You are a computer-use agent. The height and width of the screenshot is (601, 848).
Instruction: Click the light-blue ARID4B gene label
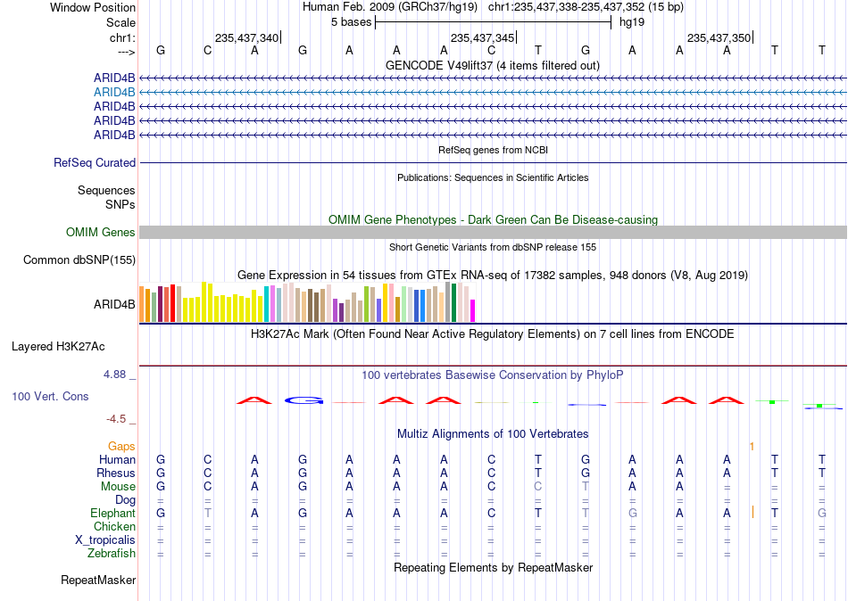click(x=114, y=93)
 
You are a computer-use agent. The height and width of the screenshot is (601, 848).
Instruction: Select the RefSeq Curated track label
click(x=95, y=162)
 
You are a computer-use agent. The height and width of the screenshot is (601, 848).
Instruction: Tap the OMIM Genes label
click(x=101, y=233)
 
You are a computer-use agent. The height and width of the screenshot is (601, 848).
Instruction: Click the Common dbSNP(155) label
click(x=79, y=260)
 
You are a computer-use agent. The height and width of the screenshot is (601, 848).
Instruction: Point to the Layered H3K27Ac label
click(x=58, y=347)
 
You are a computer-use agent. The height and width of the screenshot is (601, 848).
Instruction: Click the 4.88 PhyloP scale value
click(x=114, y=375)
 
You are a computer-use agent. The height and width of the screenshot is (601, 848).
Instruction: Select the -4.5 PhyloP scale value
click(x=116, y=419)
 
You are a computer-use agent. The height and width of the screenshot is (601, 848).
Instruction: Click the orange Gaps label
click(x=121, y=447)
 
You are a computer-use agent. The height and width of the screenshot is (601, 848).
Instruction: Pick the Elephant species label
click(x=112, y=514)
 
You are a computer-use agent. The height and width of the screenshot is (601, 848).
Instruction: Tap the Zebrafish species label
click(x=112, y=554)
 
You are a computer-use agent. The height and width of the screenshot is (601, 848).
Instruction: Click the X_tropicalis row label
click(x=105, y=540)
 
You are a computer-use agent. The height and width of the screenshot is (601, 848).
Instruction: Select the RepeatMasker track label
click(x=98, y=580)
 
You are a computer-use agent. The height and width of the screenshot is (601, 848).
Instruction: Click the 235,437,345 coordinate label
click(x=482, y=37)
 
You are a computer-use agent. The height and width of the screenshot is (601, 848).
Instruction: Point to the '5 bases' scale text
click(x=352, y=22)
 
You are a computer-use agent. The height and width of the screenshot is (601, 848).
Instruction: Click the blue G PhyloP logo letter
click(x=303, y=400)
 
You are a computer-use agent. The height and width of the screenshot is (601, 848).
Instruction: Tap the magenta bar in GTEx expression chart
click(x=473, y=311)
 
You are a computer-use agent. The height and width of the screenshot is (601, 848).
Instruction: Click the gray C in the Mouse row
click(x=538, y=487)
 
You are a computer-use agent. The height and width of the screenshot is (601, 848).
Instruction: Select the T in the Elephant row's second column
click(x=208, y=514)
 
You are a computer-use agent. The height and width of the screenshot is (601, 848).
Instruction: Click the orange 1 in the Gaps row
click(x=752, y=447)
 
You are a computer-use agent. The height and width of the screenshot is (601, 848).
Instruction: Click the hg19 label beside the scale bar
click(x=632, y=22)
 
